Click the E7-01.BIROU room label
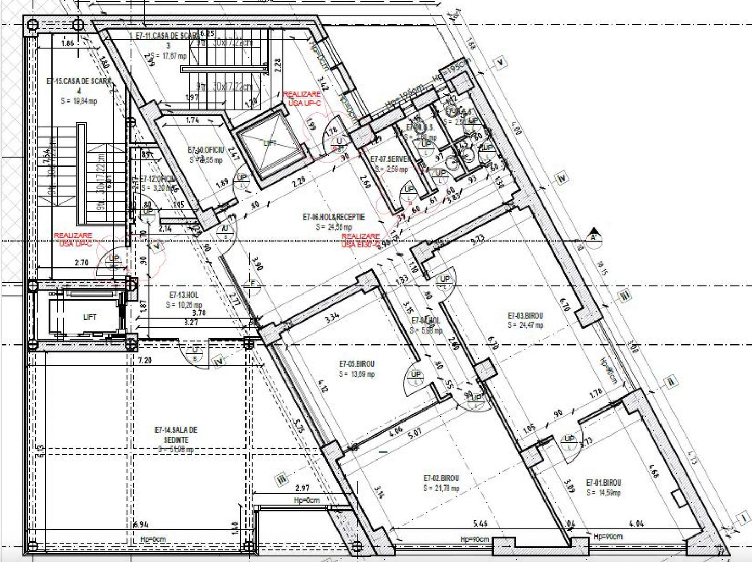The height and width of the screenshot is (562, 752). (x=603, y=482)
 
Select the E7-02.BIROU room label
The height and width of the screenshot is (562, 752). (x=441, y=478)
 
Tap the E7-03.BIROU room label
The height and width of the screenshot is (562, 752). (x=525, y=315)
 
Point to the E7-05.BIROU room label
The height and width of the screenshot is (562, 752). (x=356, y=364)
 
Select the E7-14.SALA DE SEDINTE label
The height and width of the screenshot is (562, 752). (x=176, y=435)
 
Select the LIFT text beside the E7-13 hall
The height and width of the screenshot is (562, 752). (x=90, y=317)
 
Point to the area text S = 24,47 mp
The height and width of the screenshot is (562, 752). (x=526, y=325)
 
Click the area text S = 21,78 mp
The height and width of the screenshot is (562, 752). (x=442, y=488)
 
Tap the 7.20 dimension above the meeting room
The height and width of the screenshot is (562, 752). (x=145, y=360)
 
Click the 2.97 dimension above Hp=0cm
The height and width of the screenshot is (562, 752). (x=302, y=488)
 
